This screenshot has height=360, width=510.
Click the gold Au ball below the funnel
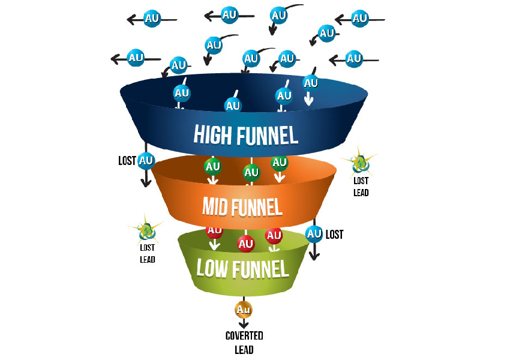[x=244, y=310]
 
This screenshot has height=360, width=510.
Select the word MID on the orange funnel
[x=215, y=206]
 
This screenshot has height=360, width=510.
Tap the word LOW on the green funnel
[x=212, y=268]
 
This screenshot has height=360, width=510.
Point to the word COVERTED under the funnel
[x=244, y=335]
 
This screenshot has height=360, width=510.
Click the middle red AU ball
[x=245, y=244]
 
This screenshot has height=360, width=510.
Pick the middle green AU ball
[x=251, y=172]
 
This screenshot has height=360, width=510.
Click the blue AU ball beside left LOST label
[x=146, y=161]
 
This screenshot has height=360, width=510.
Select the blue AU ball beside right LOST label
[x=314, y=234]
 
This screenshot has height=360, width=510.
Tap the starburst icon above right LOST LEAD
[x=360, y=163]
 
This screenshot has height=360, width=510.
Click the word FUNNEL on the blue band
[x=267, y=135]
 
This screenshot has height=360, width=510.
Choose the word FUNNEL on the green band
[x=260, y=269]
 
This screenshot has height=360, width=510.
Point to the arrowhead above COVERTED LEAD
[x=244, y=325]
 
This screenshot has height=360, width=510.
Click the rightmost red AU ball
[x=274, y=236]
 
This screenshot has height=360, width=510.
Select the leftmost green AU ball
[x=213, y=167]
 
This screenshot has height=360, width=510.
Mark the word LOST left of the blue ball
[x=127, y=161]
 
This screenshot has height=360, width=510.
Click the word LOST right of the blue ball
[x=334, y=235]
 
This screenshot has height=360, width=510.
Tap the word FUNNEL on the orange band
[x=257, y=207]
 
